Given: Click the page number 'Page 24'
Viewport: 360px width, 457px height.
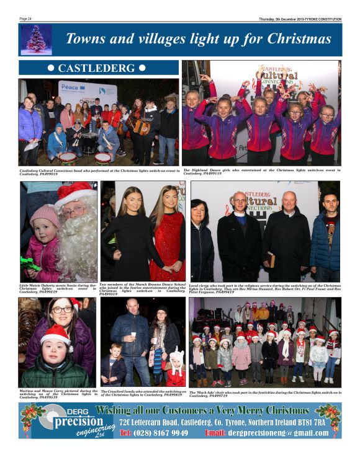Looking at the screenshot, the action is (x=25, y=19).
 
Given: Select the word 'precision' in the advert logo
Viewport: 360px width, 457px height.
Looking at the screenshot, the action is (x=61, y=421).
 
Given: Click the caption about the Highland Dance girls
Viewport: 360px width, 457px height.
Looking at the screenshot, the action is (x=261, y=170).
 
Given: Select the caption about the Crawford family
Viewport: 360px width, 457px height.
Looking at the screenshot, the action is (x=143, y=394).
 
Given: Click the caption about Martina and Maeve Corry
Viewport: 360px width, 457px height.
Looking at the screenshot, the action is (x=58, y=394).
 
